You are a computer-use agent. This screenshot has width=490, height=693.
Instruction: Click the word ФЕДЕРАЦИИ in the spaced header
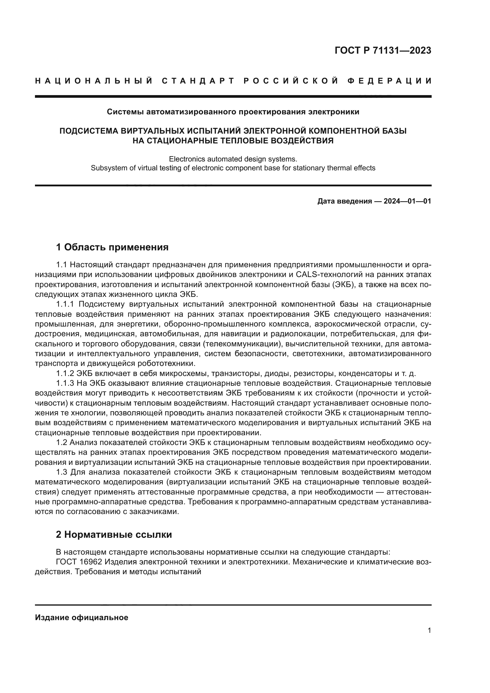pyautogui.click(x=390, y=81)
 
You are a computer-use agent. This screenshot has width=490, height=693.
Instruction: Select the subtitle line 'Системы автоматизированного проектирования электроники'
pyautogui.click(x=233, y=112)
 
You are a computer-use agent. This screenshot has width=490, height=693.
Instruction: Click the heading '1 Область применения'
pyautogui.click(x=112, y=247)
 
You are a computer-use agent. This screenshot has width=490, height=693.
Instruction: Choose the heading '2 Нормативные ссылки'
pyautogui.click(x=114, y=534)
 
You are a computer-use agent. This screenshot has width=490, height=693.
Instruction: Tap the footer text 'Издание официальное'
pyautogui.click(x=81, y=617)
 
